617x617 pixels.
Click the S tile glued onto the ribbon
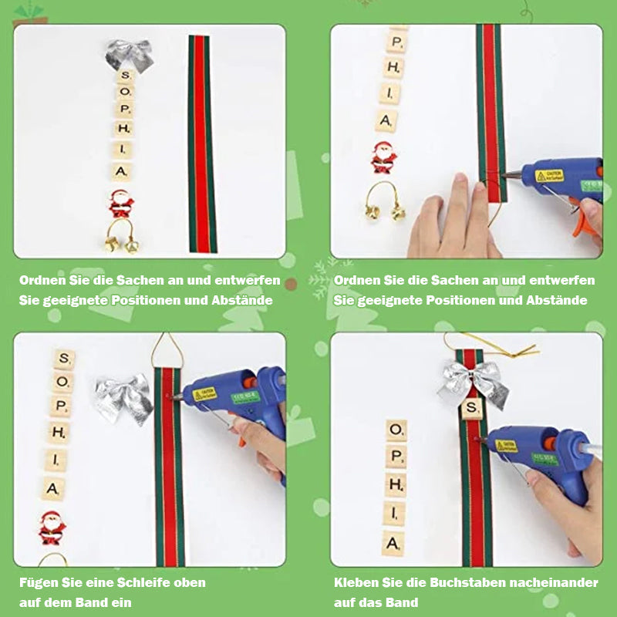pos(472,409)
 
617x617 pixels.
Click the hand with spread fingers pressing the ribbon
pos(453,221)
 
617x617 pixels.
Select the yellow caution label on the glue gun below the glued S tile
pos(506,446)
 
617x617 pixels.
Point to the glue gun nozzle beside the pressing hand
pos(511,174)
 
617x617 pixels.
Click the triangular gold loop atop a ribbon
pos(164,350)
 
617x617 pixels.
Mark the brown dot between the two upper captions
pos(291,284)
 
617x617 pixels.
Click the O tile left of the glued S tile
pos(396,430)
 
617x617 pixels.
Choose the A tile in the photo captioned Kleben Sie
pos(393,544)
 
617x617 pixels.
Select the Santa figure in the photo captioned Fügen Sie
pos(52,528)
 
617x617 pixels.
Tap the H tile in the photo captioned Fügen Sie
pos(59,433)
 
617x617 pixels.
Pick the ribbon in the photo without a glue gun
pos(202,143)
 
